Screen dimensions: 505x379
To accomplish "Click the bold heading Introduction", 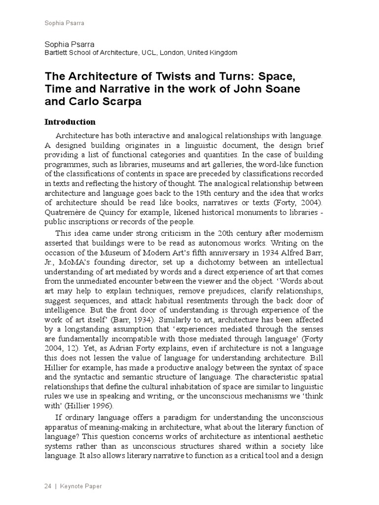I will coord(70,122).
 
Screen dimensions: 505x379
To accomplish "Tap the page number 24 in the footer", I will coord(48,486).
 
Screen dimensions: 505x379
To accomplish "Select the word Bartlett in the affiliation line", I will coord(57,52).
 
